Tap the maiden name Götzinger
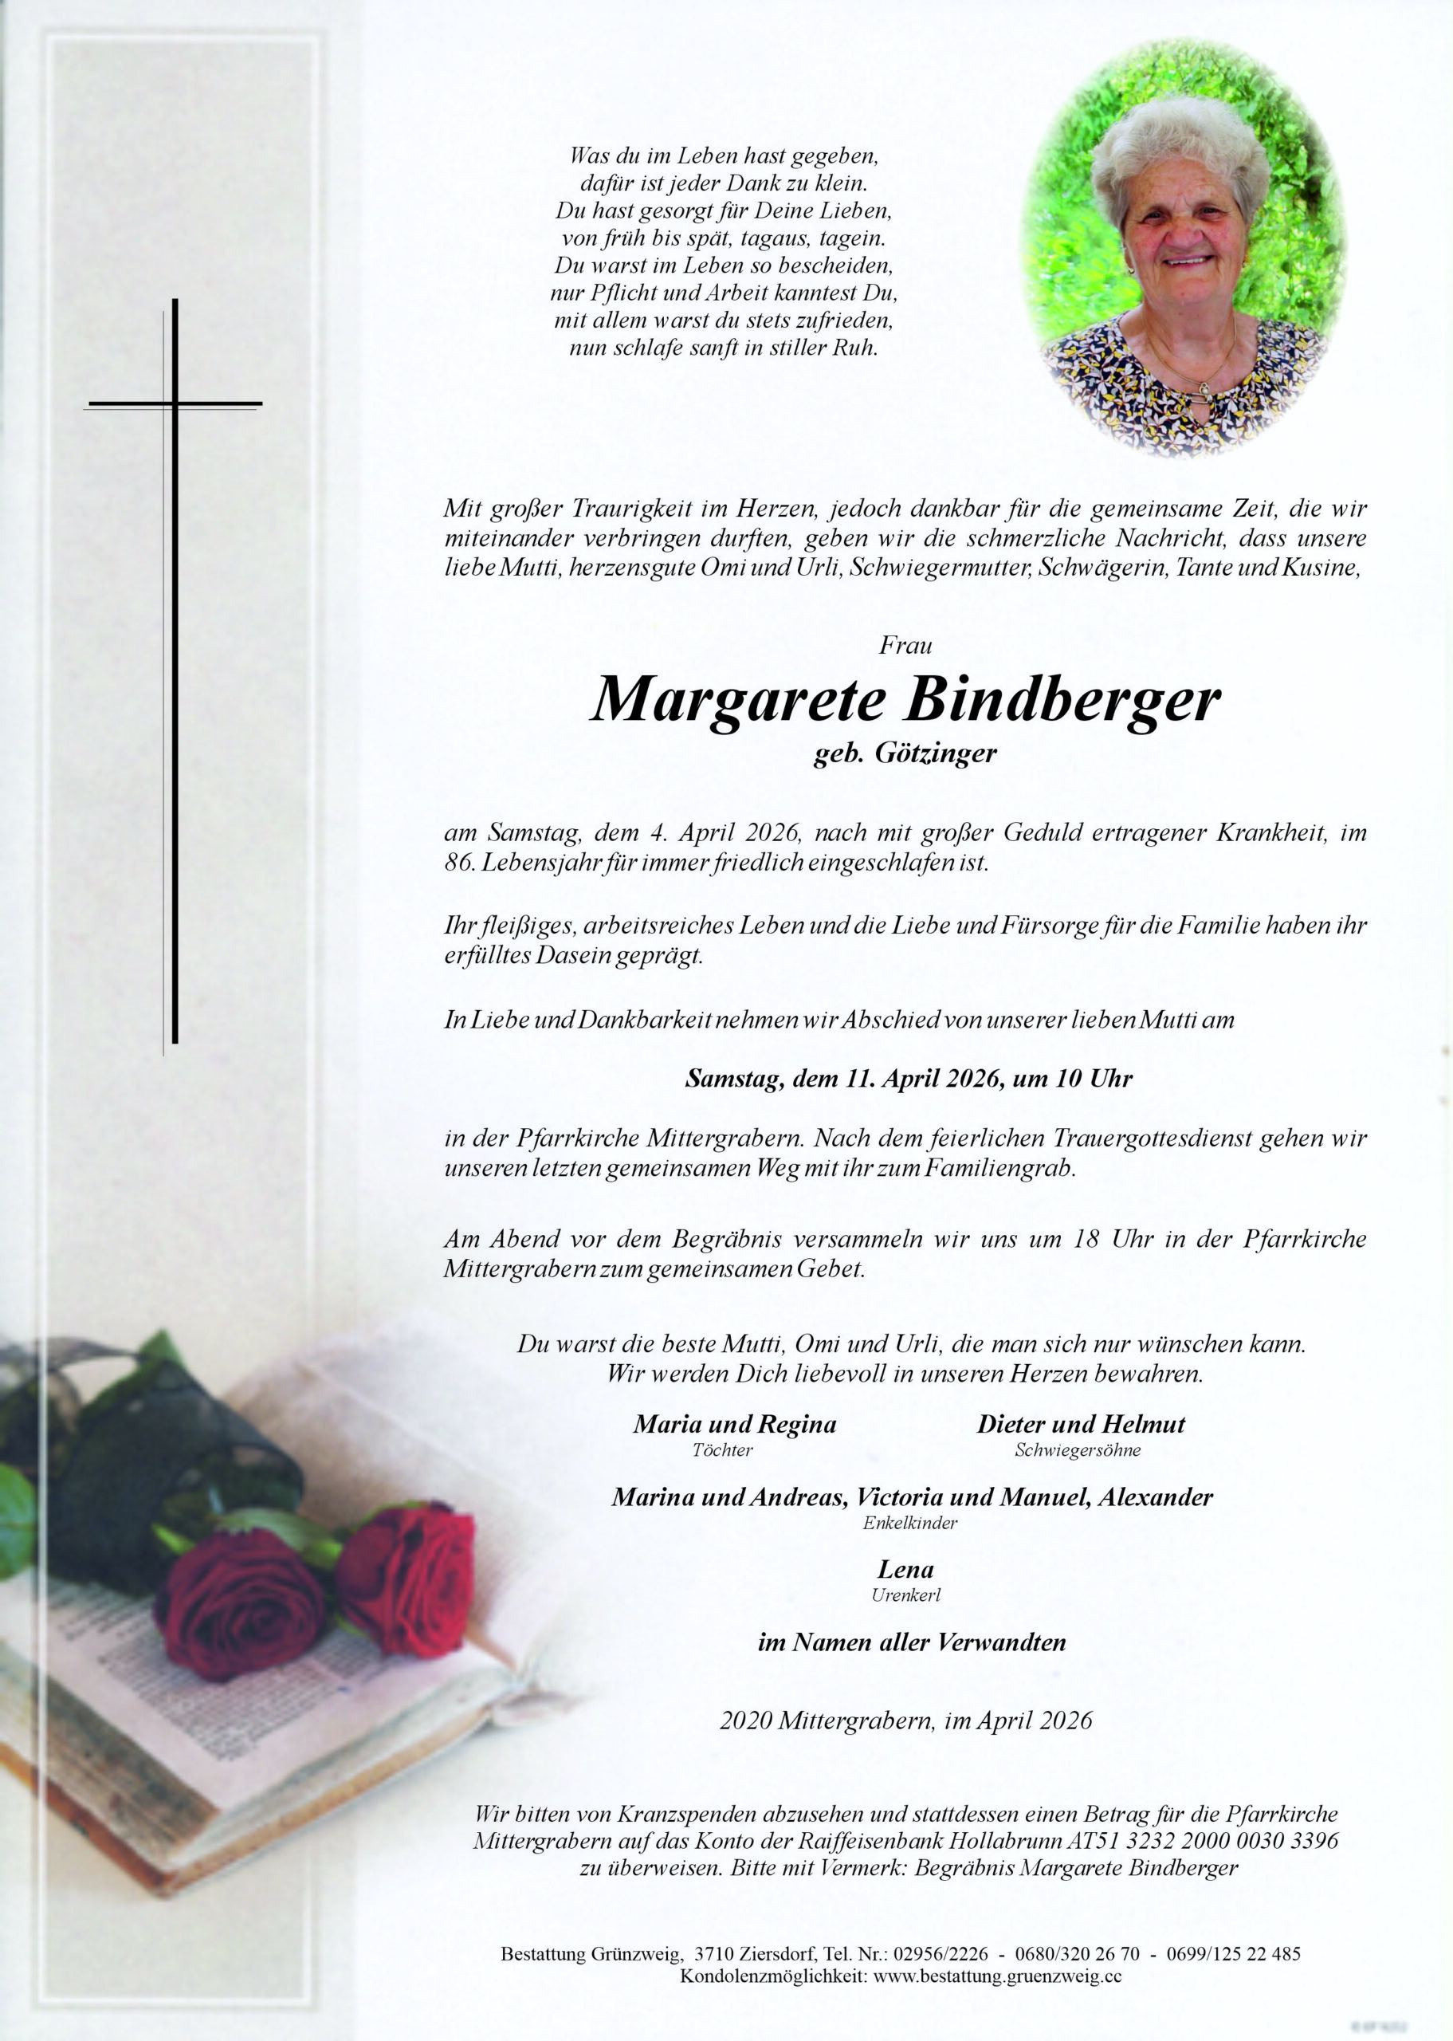pos(935,753)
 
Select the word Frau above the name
pos(905,644)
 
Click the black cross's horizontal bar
pos(175,404)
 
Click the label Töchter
pos(722,1450)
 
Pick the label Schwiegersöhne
pos(1078,1450)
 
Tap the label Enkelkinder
pos(909,1523)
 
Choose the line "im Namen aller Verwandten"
pos(911,1642)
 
